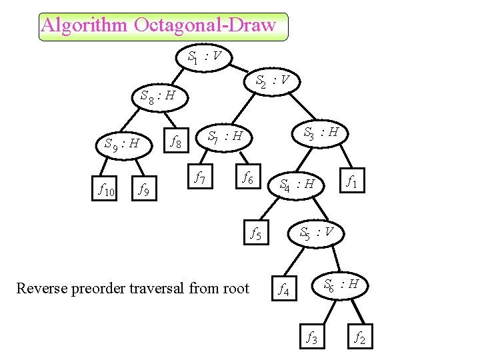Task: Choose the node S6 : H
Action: click(x=341, y=285)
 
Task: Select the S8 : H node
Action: click(x=159, y=96)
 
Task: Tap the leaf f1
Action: click(x=353, y=181)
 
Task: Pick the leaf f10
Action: click(x=107, y=191)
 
